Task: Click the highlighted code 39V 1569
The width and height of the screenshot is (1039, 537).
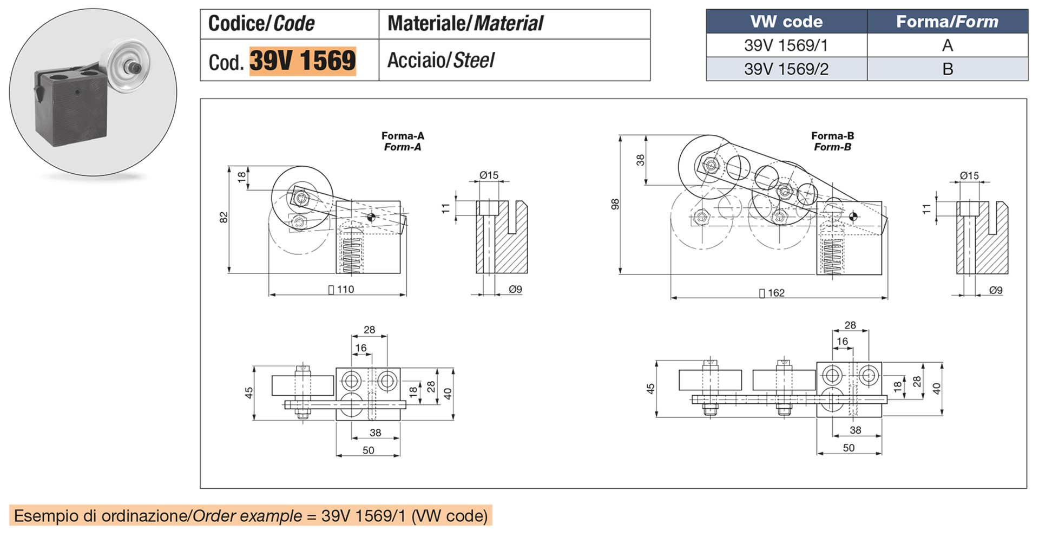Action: tap(302, 61)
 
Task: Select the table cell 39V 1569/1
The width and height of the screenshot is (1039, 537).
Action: tap(786, 45)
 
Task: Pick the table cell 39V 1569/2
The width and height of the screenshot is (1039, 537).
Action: tap(786, 69)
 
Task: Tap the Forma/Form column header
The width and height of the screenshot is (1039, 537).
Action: tap(947, 22)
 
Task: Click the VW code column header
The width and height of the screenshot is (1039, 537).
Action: tap(786, 22)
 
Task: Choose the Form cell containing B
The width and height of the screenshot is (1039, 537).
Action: tap(947, 69)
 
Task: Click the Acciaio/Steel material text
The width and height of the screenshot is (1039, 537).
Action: tap(440, 61)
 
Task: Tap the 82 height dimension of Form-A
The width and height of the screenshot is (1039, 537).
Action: tap(224, 218)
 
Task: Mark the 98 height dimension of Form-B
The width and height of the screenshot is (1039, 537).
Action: tap(615, 205)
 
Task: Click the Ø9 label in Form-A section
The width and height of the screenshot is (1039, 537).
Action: tap(515, 290)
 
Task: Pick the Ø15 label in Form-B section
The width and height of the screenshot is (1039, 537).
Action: tap(969, 175)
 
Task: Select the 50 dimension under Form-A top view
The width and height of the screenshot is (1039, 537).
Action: tap(368, 450)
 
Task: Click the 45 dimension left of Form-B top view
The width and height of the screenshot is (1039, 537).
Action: tap(650, 389)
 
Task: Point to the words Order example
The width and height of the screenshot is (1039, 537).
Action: tap(247, 516)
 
